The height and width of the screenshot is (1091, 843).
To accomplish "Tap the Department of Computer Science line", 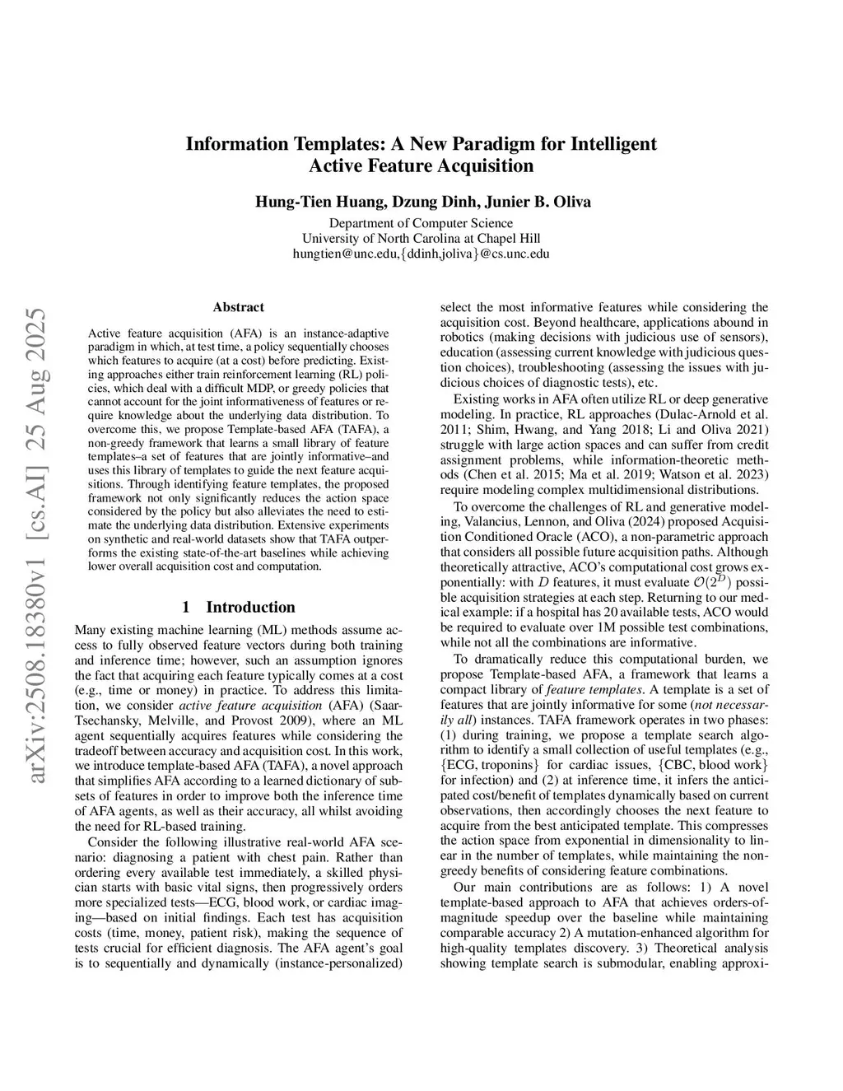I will point(421,223).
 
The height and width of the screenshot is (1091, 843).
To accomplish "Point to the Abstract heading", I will point(238,307).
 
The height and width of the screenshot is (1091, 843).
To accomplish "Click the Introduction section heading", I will point(250,607).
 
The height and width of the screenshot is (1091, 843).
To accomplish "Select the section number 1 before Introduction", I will point(186,607).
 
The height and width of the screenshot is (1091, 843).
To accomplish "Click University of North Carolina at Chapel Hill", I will point(421,239).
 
